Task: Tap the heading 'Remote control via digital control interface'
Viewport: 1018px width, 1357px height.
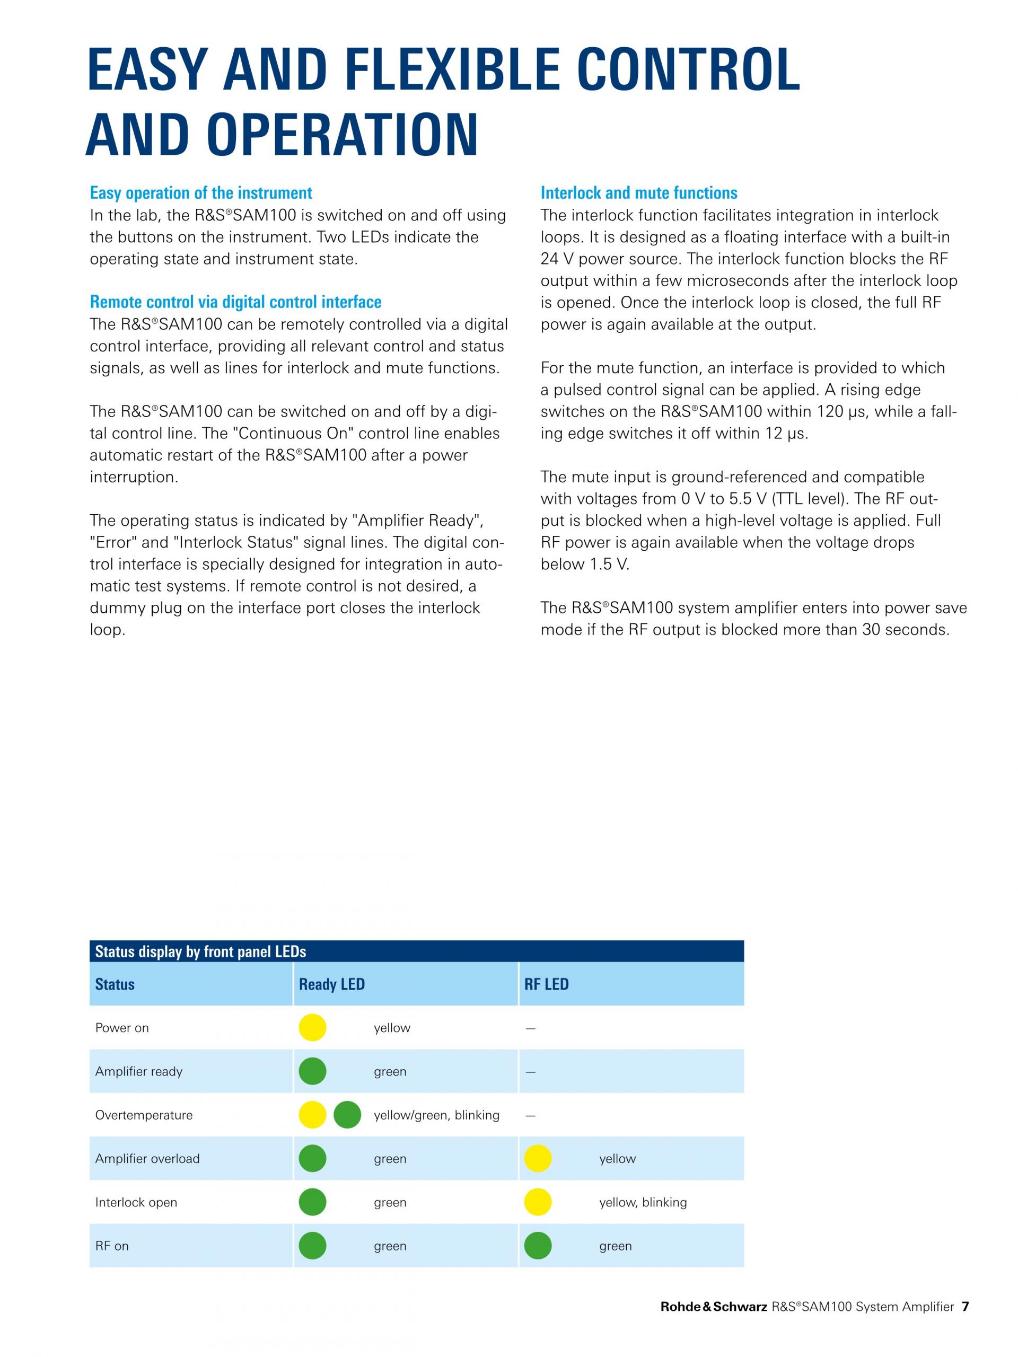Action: coord(235,302)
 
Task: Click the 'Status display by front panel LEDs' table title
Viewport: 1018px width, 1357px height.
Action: coord(200,951)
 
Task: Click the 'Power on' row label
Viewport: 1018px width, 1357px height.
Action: coord(122,1028)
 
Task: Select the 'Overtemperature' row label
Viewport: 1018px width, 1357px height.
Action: coord(144,1115)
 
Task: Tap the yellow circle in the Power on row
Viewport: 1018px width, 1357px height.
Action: coord(312,1028)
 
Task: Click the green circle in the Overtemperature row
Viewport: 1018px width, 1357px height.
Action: coord(347,1115)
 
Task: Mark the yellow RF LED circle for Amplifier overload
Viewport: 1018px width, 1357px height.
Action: coord(538,1159)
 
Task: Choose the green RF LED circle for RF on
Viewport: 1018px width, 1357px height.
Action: coord(538,1246)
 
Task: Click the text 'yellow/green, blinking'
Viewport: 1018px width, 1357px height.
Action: coord(436,1115)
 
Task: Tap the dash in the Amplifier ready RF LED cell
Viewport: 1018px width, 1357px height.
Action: coord(531,1072)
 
